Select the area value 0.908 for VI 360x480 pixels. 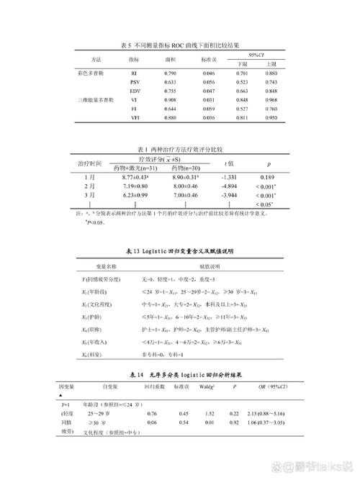click(171, 100)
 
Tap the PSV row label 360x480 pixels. click(134, 82)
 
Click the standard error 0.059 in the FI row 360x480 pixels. click(209, 109)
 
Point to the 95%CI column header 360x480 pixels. click(257, 55)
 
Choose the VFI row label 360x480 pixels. click(134, 117)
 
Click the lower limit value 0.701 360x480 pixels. click(243, 73)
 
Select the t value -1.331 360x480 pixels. click(229, 176)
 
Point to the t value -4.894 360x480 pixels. click(229, 186)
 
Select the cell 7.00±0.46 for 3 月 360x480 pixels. click(186, 195)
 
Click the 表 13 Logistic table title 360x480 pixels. click(181, 251)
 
